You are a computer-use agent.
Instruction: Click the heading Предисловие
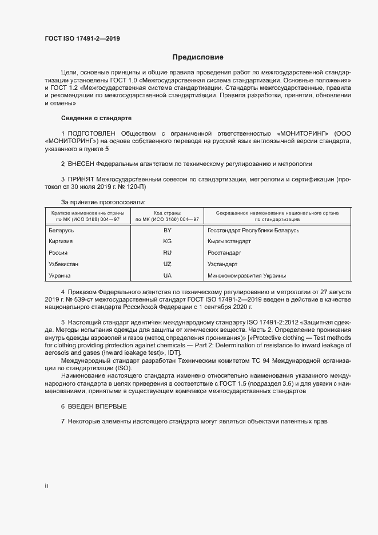[x=198, y=57]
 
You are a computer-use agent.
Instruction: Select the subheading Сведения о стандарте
[x=96, y=118]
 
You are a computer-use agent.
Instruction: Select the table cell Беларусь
[x=62, y=231]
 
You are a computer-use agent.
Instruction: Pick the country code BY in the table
[x=168, y=231]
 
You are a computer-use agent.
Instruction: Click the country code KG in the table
[x=168, y=241]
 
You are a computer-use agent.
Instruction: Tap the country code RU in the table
[x=168, y=253]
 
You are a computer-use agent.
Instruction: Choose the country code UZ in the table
[x=168, y=264]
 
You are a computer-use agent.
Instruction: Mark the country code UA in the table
[x=168, y=276]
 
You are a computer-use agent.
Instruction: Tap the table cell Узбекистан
[x=64, y=264]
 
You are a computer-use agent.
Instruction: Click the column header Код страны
[x=167, y=213]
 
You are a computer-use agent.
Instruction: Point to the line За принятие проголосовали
[x=103, y=202]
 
